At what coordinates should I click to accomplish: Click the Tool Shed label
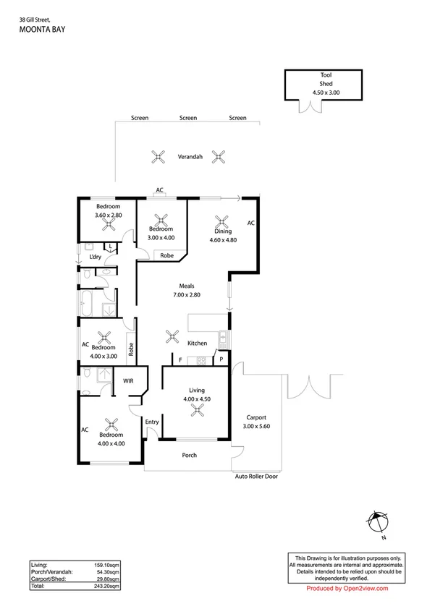pyautogui.click(x=325, y=79)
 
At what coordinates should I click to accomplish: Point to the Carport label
pyautogui.click(x=256, y=417)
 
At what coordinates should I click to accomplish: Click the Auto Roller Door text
pyautogui.click(x=256, y=477)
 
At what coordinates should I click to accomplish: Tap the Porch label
pyautogui.click(x=189, y=455)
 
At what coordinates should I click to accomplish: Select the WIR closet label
pyautogui.click(x=129, y=380)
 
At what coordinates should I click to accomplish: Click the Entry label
pyautogui.click(x=152, y=422)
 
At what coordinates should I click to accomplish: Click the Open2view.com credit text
pyautogui.click(x=347, y=589)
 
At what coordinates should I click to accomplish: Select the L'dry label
pyautogui.click(x=95, y=257)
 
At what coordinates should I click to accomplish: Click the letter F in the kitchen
pyautogui.click(x=180, y=359)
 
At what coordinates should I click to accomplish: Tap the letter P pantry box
pyautogui.click(x=221, y=359)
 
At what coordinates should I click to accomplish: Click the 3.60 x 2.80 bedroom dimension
pyautogui.click(x=109, y=215)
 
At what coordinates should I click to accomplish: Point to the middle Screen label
pyautogui.click(x=188, y=118)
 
